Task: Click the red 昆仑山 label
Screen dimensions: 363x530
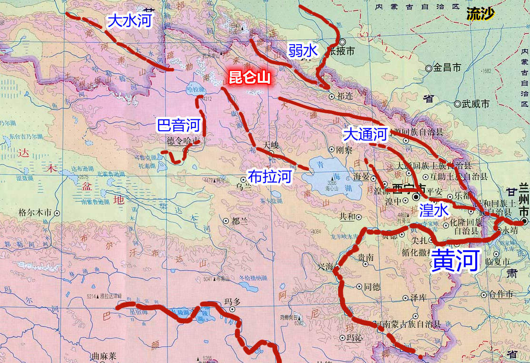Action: tap(250, 78)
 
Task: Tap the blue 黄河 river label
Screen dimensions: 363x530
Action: tap(454, 260)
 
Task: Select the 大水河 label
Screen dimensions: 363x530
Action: tap(130, 21)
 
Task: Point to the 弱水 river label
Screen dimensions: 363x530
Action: tap(302, 50)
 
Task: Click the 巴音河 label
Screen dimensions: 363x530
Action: tap(179, 126)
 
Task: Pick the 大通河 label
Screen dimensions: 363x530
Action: tap(365, 135)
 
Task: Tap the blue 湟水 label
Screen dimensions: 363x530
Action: tap(433, 209)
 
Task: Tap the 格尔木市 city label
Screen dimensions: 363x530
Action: tap(34, 213)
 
